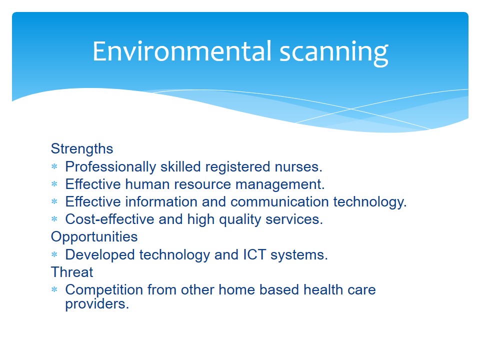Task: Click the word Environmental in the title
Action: coord(182,51)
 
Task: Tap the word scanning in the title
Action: coord(334,53)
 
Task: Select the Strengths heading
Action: coord(82,149)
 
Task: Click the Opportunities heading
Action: coord(94,237)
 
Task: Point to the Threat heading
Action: coord(72,272)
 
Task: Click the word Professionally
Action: coord(111,167)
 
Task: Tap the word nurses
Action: coord(298,167)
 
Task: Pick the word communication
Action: coord(279,201)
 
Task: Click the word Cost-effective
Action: coord(109,219)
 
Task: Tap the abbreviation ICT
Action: coord(254,254)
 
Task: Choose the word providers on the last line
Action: coord(97,304)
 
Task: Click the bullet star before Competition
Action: coord(54,289)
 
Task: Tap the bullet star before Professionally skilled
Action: coord(54,166)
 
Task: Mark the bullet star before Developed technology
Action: coord(54,254)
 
